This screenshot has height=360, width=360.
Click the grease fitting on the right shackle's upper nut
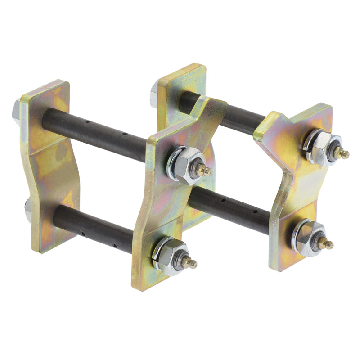coord(344,154)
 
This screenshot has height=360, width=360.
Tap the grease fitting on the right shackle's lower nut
coord(328,244)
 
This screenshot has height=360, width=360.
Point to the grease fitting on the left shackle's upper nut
coord(206,171)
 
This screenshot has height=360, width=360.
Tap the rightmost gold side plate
coord(299,189)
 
